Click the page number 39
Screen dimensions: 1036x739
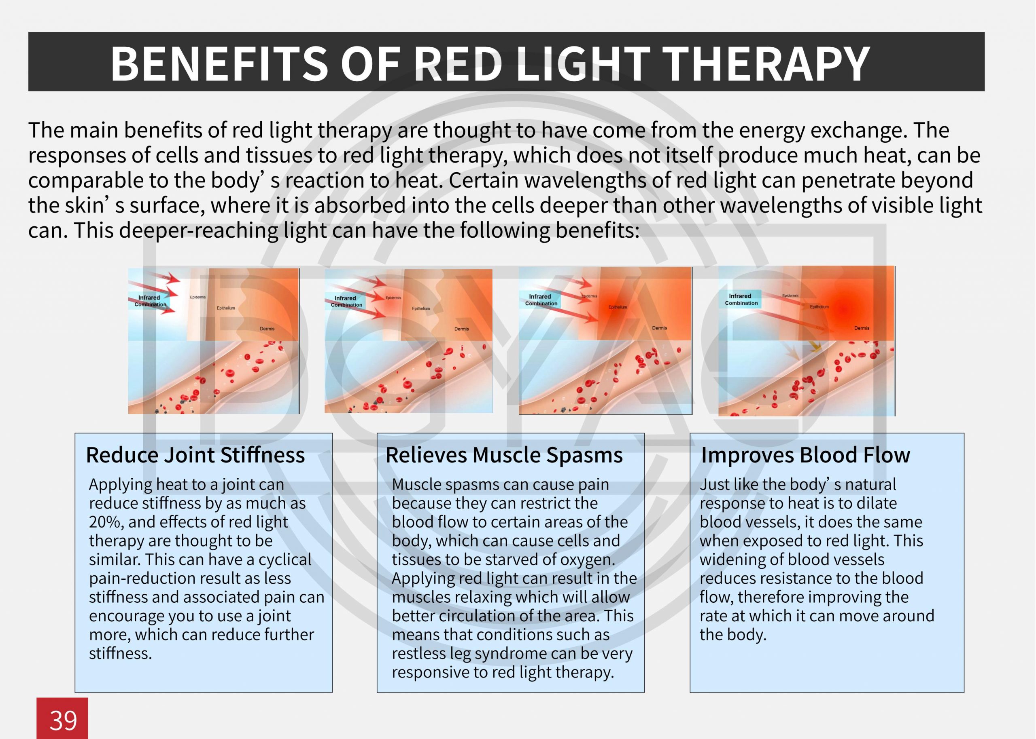(63, 720)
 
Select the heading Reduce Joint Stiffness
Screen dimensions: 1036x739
(195, 454)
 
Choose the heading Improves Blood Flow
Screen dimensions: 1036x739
(805, 454)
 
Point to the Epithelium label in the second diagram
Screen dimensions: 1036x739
(421, 308)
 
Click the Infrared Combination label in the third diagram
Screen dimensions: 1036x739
(541, 300)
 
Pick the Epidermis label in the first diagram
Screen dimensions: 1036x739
(197, 297)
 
